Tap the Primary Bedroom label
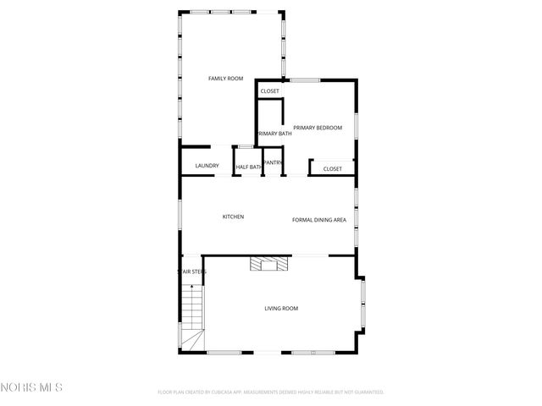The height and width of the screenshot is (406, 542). click(x=318, y=128)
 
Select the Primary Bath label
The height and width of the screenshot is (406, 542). click(x=274, y=134)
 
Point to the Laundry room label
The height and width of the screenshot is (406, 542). click(x=207, y=166)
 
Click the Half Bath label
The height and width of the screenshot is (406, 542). click(x=248, y=167)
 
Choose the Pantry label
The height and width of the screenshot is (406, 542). click(x=273, y=162)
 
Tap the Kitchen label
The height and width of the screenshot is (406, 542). click(x=233, y=217)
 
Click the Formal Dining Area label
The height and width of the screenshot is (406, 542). click(x=319, y=220)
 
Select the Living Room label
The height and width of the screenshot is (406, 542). click(x=281, y=309)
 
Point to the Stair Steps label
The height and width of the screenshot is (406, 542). click(x=191, y=272)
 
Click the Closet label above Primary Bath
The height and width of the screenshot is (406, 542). click(x=269, y=91)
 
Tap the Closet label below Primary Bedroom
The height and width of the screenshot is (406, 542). click(x=333, y=169)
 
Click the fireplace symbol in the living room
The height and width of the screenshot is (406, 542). click(x=268, y=264)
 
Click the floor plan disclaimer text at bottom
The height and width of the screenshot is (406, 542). click(x=271, y=392)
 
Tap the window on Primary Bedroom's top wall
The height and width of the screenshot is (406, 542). click(x=306, y=80)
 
